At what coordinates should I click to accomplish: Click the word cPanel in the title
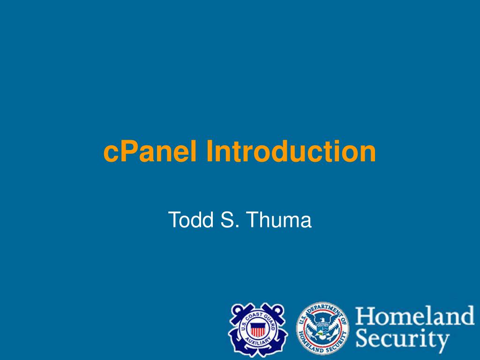pyautogui.click(x=150, y=151)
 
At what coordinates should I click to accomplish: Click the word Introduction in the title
pyautogui.click(x=291, y=151)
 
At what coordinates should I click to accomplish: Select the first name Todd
pyautogui.click(x=190, y=219)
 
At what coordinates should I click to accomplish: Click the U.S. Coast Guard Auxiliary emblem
pyautogui.click(x=258, y=330)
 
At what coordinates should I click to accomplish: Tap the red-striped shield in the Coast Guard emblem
pyautogui.click(x=258, y=329)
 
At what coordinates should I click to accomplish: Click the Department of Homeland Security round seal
pyautogui.click(x=322, y=329)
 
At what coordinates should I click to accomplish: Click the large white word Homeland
pyautogui.click(x=415, y=316)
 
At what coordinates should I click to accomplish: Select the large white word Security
pyautogui.click(x=402, y=339)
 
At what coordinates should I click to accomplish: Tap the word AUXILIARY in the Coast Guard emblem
pyautogui.click(x=258, y=342)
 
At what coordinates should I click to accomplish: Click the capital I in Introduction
pyautogui.click(x=210, y=151)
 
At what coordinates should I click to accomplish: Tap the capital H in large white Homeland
pyautogui.click(x=365, y=316)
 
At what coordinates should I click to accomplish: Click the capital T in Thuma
pyautogui.click(x=254, y=219)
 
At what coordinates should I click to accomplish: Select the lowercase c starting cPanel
pyautogui.click(x=111, y=154)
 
